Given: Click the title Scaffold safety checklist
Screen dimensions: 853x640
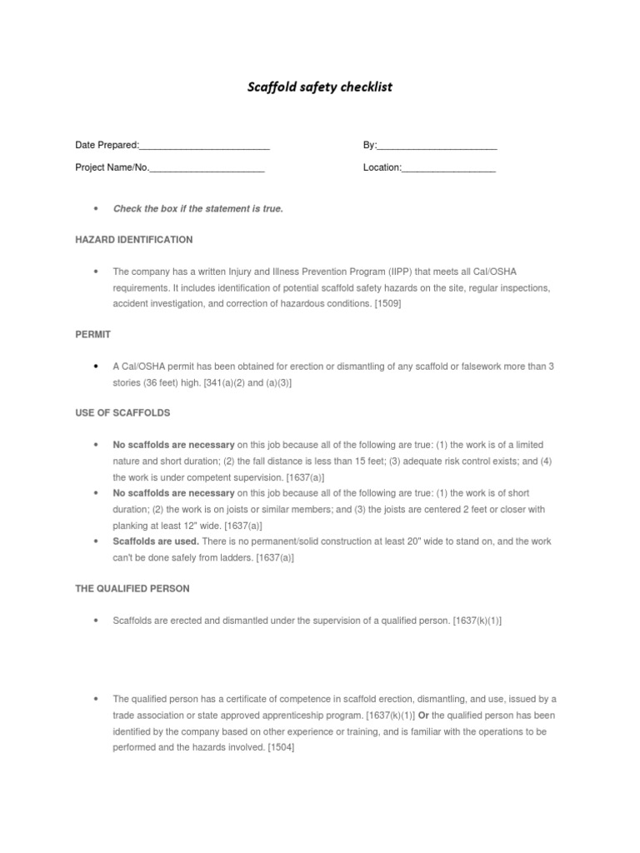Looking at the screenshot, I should (x=320, y=87).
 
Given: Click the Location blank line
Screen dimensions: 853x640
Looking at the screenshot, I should (x=449, y=169).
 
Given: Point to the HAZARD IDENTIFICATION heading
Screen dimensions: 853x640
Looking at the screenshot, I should (x=134, y=240).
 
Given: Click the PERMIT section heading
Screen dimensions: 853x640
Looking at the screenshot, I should (x=93, y=334).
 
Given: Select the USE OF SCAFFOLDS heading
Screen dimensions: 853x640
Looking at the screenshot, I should (x=122, y=413).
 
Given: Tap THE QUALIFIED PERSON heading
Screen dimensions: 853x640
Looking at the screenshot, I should (x=132, y=588).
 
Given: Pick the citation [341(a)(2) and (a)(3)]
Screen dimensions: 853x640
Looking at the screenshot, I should (x=247, y=382).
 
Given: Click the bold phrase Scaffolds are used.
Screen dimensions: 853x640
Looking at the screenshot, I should (x=156, y=541).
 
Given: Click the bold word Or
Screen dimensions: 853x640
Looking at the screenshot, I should (x=423, y=716).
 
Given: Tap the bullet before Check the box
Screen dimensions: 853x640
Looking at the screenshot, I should (x=97, y=209).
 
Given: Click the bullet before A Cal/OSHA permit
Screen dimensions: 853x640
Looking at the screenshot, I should (x=97, y=367).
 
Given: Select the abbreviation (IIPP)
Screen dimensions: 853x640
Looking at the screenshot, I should (x=398, y=272).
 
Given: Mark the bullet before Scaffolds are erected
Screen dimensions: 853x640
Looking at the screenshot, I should (x=97, y=621).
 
